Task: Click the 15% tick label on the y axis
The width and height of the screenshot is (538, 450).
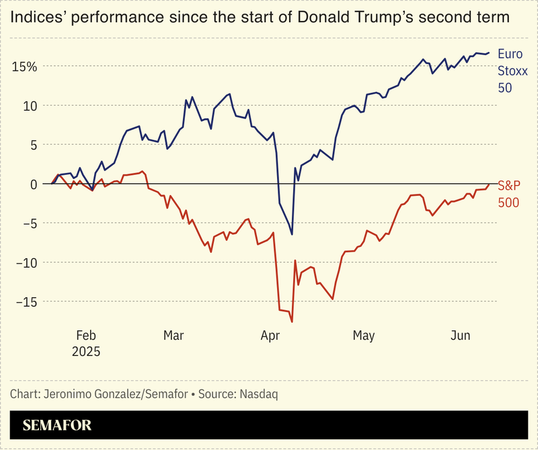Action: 24,67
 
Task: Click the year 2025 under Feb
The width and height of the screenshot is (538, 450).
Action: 87,352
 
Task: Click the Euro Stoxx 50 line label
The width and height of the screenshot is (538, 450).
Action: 509,71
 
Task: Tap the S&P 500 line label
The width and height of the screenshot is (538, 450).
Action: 508,194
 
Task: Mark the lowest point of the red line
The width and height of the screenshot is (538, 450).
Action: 292,322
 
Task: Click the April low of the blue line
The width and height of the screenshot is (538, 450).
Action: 292,234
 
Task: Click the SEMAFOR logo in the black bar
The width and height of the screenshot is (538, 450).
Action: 57,425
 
